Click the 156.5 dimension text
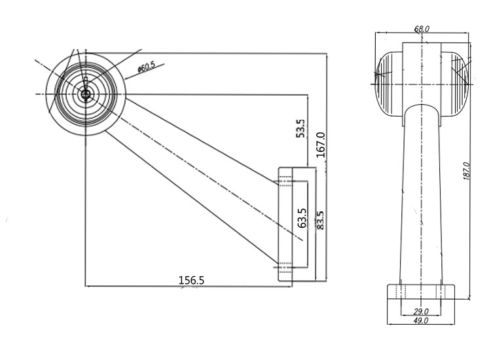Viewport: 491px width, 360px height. pos(192,279)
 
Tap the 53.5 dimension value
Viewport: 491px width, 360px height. pos(300,128)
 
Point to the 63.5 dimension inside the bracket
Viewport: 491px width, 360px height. pos(302,218)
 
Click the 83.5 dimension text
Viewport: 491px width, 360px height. pos(321,221)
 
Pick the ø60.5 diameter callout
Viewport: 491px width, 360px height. pos(146,66)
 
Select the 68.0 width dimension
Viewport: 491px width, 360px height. pos(422,29)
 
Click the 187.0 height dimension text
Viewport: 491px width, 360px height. pos(466,171)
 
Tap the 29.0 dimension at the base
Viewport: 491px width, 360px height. pos(421,312)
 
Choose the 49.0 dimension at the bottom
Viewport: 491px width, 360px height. pos(420,321)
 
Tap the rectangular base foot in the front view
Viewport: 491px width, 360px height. pos(420,291)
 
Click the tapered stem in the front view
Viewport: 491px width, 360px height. pos(421,196)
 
